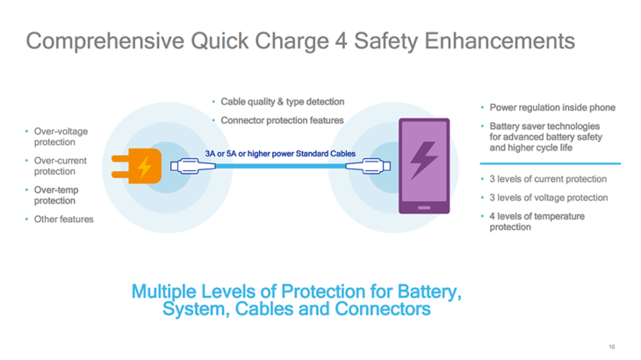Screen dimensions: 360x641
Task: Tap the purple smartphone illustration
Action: (423, 166)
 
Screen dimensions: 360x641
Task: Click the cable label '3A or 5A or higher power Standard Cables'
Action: (280, 154)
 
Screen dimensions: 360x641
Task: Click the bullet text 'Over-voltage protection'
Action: (61, 137)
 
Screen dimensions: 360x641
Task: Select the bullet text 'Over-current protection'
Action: (61, 166)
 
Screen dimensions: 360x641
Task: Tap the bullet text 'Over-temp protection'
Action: (58, 195)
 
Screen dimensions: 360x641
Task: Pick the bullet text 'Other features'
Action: (63, 219)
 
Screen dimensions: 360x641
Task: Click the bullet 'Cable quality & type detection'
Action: (282, 102)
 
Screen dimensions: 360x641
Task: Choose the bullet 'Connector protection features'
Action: (282, 120)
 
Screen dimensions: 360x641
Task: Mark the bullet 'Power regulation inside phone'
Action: (551, 107)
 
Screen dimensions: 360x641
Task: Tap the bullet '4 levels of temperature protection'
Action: (537, 221)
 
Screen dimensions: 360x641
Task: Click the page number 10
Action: (612, 348)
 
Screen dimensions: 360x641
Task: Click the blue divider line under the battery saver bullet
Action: (550, 164)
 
